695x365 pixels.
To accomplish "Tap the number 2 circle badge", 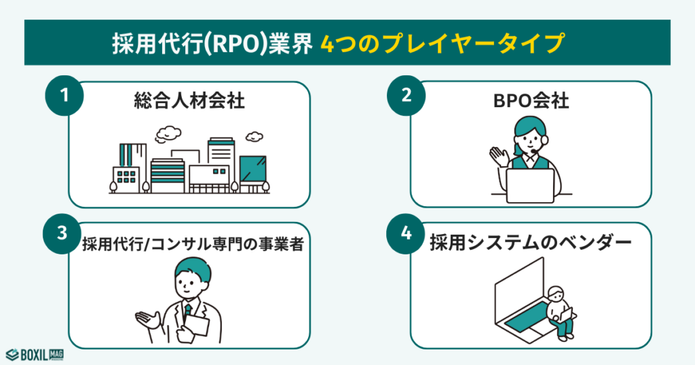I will [x=406, y=96].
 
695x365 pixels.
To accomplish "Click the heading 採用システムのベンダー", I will [x=531, y=244].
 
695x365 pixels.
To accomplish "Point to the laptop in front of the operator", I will [x=531, y=185].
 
